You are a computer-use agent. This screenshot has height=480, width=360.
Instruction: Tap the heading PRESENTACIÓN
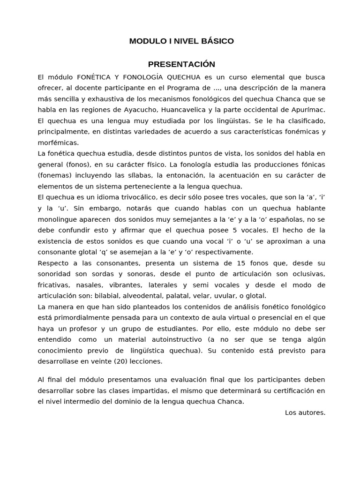(181, 64)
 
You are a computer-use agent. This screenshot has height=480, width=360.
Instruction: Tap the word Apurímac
(309, 110)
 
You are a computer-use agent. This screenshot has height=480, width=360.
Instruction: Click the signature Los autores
(305, 412)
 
